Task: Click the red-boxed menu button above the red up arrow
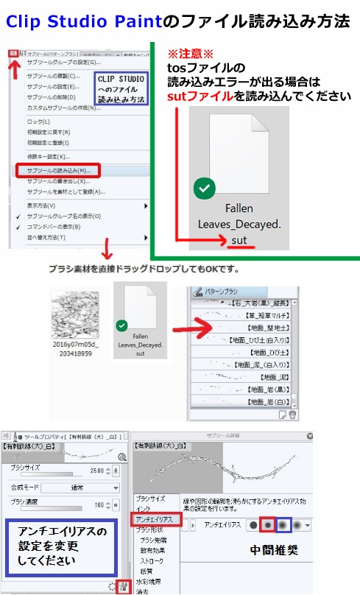[14, 54]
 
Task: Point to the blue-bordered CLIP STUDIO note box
[121, 89]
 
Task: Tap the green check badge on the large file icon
[204, 189]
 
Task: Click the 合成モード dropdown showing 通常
[80, 487]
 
